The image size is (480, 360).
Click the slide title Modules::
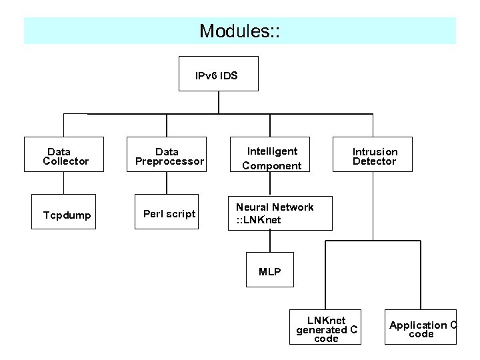tap(240, 31)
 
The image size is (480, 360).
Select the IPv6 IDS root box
tap(220, 73)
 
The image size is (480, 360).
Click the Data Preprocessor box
tap(167, 156)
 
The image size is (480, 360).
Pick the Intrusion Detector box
tap(374, 156)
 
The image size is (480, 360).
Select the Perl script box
tap(169, 214)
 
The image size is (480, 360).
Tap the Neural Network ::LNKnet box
tap(274, 213)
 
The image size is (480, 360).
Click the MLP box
tap(269, 271)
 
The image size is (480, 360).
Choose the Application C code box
tap(422, 328)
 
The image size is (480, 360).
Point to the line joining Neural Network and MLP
tap(269, 241)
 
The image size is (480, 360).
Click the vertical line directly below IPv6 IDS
tap(219, 102)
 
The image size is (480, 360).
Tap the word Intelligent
tap(272, 151)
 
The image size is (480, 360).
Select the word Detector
tap(374, 161)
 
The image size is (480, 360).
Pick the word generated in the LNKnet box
tap(322, 329)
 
